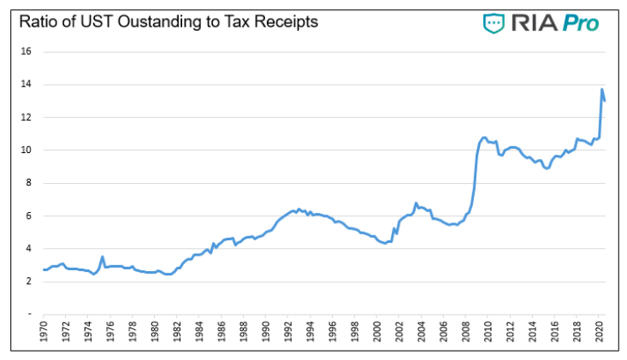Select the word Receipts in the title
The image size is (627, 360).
click(x=287, y=21)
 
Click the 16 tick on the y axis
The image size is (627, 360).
click(x=26, y=51)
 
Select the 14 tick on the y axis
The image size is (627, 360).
click(x=26, y=85)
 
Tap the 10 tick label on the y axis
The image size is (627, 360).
click(x=26, y=150)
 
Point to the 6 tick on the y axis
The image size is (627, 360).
click(x=28, y=215)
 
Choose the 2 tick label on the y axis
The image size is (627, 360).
click(x=28, y=281)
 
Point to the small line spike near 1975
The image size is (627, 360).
click(x=103, y=257)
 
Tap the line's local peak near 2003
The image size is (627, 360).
click(x=416, y=204)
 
